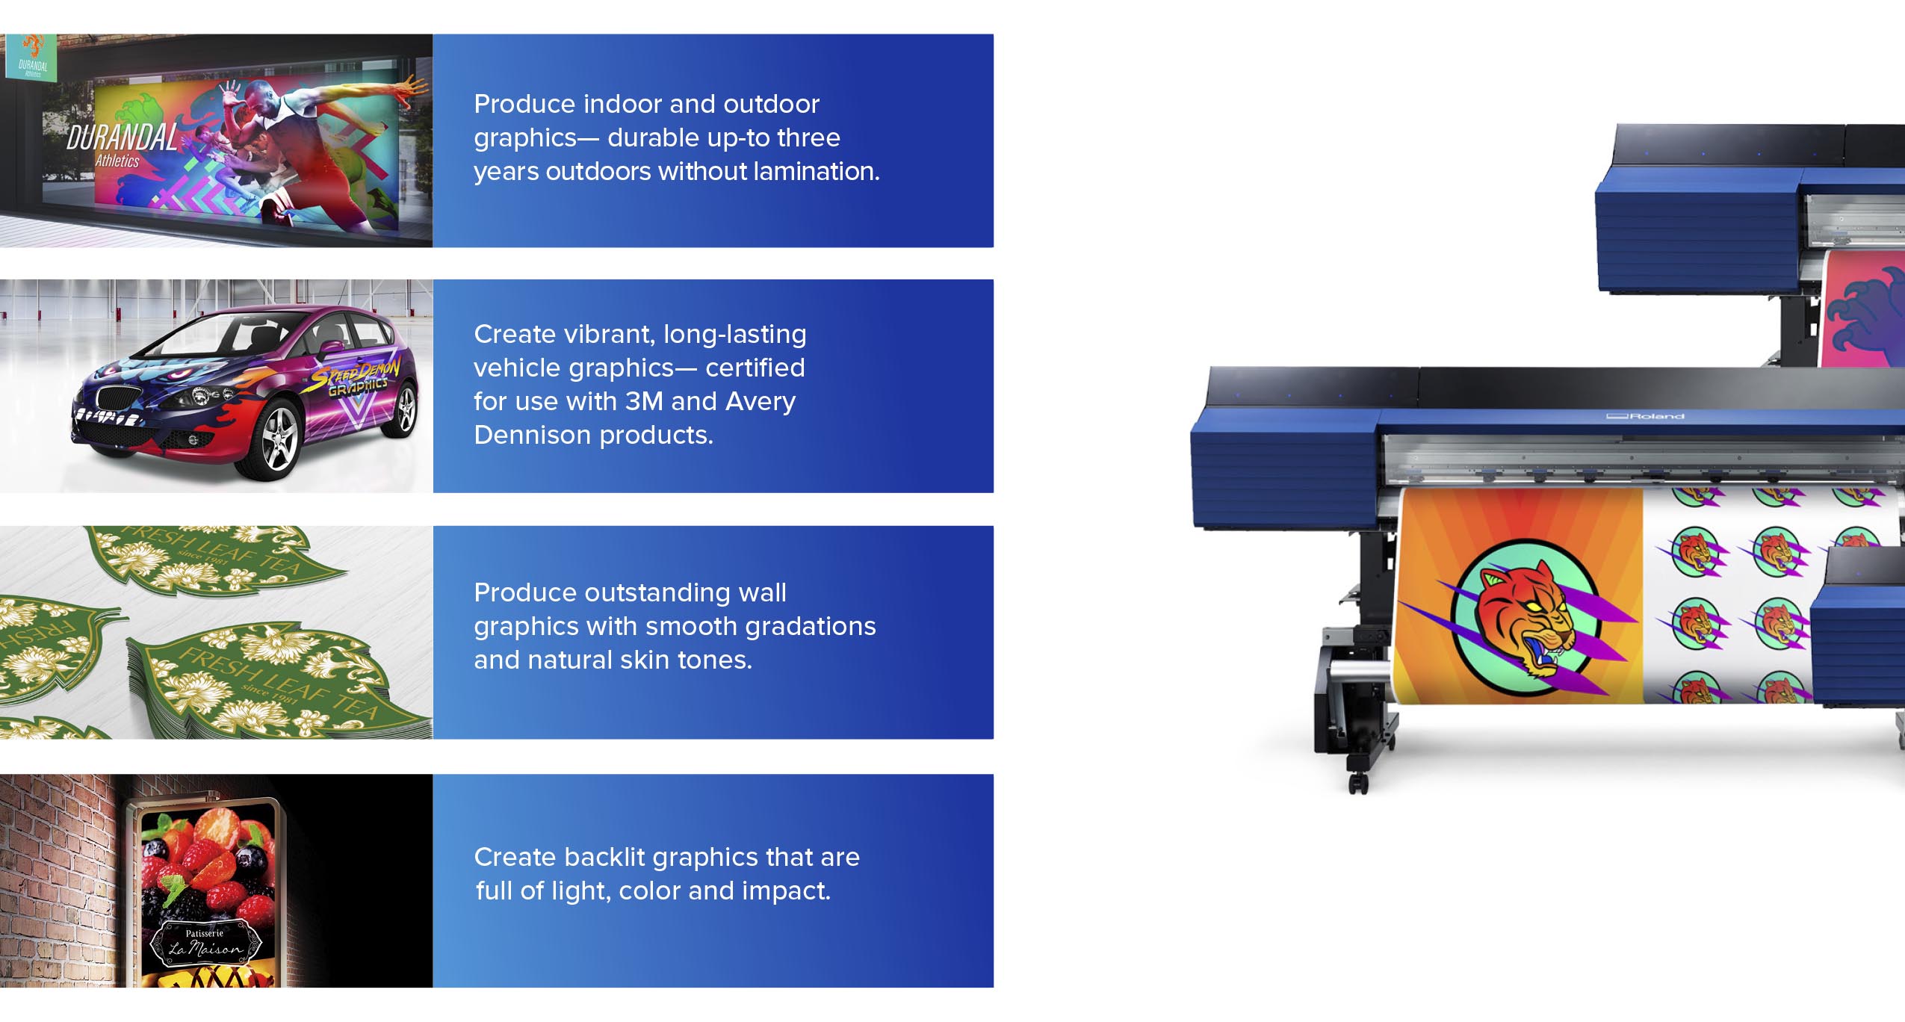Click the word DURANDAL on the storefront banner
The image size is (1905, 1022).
122,138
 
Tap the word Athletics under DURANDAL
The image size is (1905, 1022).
117,161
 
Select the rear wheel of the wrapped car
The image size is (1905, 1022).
405,409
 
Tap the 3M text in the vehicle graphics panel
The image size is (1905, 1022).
644,402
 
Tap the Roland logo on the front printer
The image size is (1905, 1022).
1646,416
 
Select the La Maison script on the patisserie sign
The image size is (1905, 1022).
205,950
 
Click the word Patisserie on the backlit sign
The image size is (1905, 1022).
205,933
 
